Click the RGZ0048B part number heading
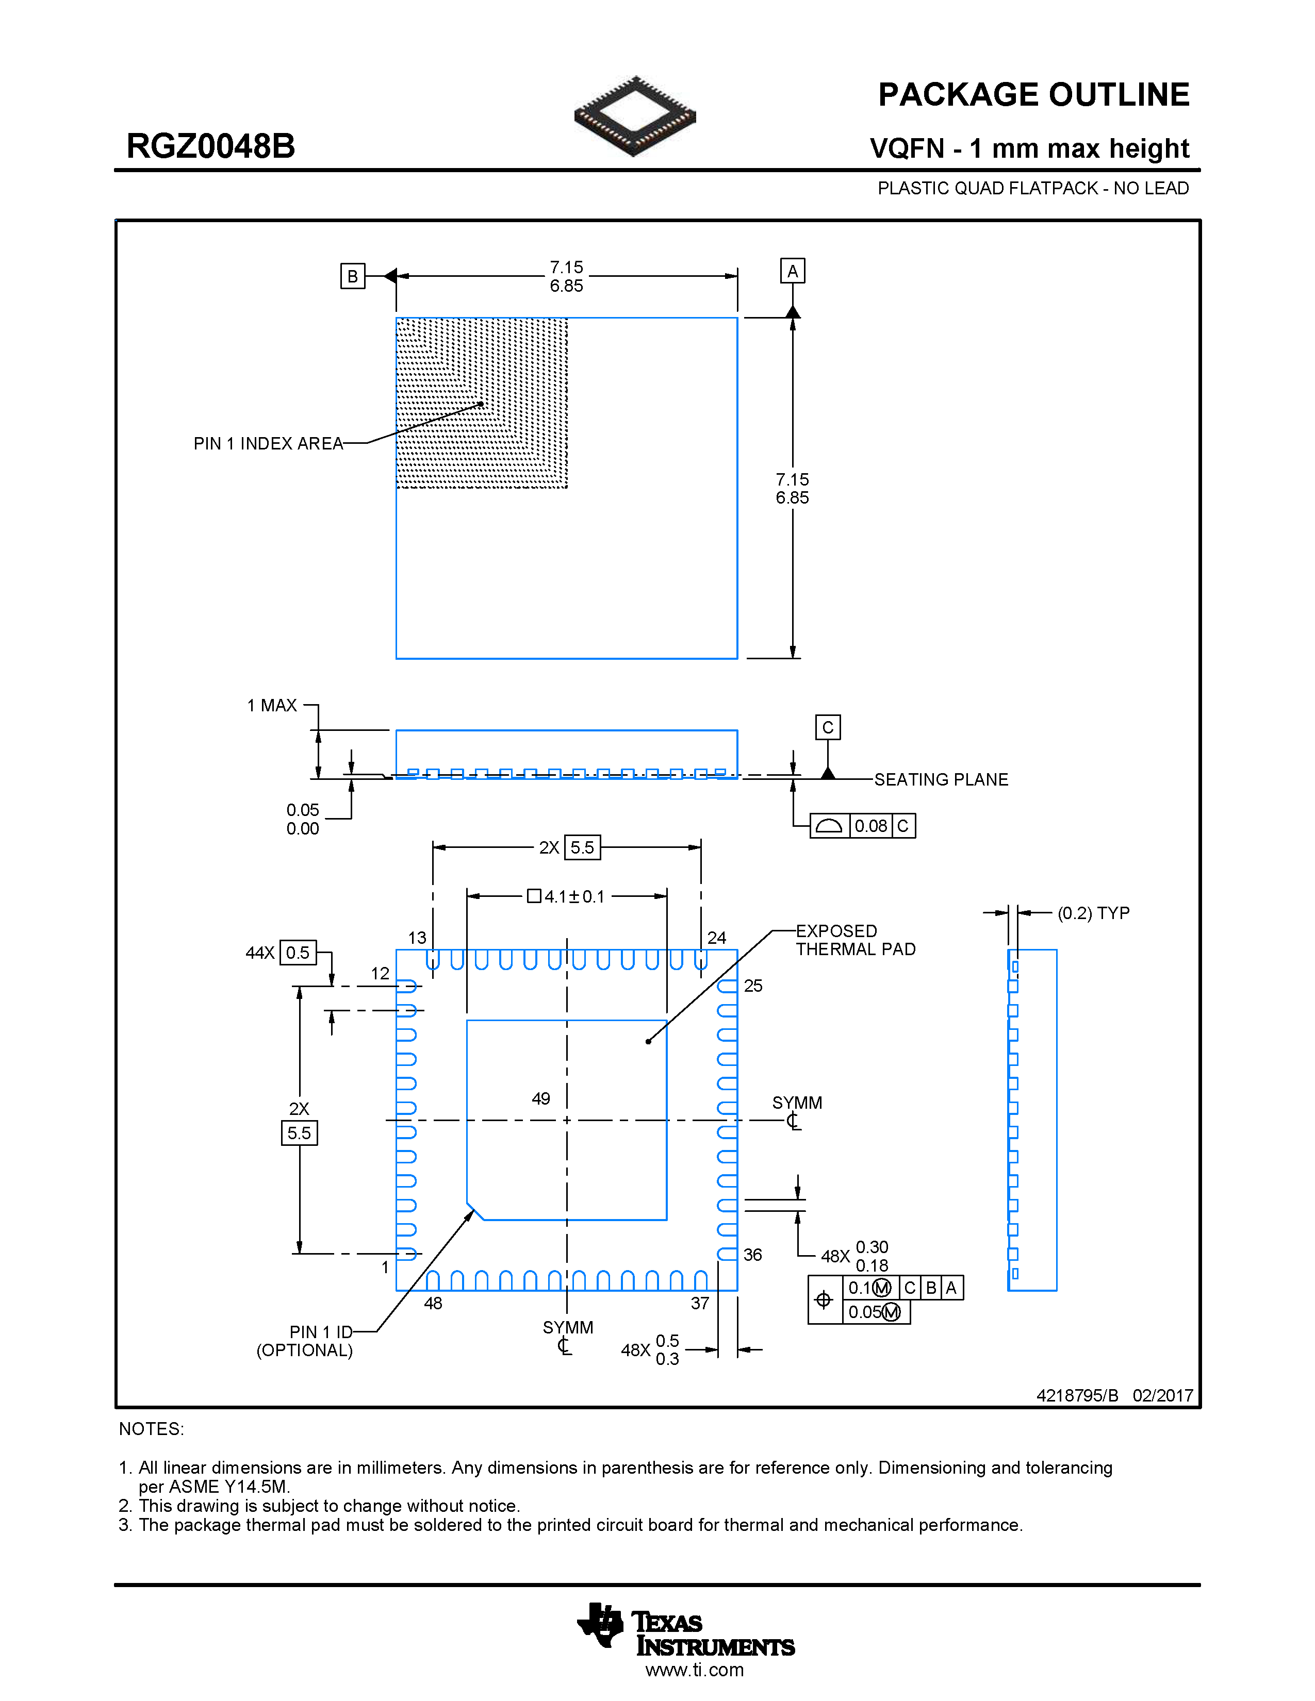[x=210, y=146]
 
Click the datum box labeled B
[x=352, y=276]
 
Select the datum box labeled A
[x=792, y=271]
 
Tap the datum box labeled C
[x=827, y=727]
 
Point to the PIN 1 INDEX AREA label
[x=268, y=444]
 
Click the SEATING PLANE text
[x=940, y=779]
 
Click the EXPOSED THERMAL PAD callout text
[x=854, y=940]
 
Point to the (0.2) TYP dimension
[x=1093, y=913]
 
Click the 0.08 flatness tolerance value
[x=870, y=826]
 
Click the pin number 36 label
[x=752, y=1255]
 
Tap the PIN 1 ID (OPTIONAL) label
[x=305, y=1341]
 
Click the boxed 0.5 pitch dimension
[x=298, y=953]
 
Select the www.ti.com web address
[x=694, y=1670]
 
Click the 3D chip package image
[x=635, y=116]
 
